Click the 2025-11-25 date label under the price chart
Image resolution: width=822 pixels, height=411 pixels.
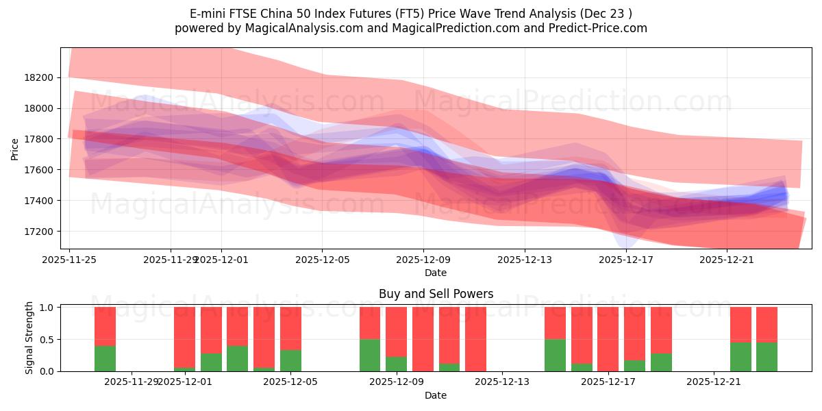coord(69,260)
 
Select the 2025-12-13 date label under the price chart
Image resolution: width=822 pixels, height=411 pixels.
coord(524,260)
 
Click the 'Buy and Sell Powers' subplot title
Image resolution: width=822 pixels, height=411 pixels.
coord(436,294)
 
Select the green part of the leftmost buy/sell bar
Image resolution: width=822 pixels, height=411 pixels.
coord(105,358)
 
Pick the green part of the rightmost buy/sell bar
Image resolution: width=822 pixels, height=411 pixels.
coord(767,357)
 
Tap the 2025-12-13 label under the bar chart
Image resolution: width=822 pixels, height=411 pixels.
coord(502,382)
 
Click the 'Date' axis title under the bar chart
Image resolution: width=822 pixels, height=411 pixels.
coord(436,395)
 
